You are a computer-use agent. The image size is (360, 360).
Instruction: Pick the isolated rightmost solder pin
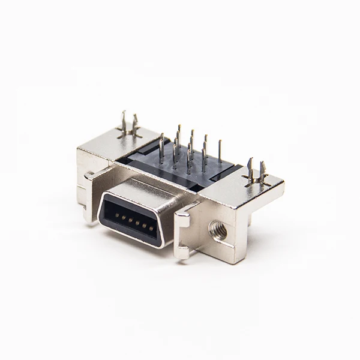point(220,152)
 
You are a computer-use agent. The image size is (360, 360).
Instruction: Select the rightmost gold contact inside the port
point(151,228)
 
